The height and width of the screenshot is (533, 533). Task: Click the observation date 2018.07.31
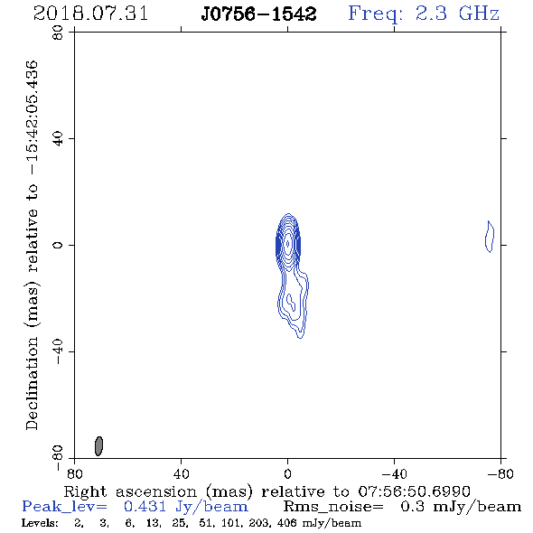90,14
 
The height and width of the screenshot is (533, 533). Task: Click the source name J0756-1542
258,14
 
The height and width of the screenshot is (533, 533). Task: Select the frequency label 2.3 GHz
457,14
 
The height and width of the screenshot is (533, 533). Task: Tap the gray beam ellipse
98,446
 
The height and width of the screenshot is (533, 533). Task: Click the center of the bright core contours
288,243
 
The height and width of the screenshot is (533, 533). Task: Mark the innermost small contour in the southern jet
291,303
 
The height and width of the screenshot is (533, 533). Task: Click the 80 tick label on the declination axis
58,33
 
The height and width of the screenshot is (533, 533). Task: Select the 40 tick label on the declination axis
58,139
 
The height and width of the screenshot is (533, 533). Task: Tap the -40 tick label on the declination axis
58,351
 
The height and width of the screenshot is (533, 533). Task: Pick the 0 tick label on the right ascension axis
287,473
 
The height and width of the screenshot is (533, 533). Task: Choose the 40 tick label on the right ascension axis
181,473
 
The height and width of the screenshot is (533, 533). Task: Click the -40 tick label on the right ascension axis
394,473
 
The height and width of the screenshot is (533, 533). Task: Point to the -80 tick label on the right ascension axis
500,473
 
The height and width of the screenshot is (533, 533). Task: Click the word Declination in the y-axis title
32,383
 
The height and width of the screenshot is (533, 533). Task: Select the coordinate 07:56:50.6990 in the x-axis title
414,491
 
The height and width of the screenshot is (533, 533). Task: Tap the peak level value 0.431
145,507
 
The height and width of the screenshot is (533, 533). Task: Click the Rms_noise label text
333,507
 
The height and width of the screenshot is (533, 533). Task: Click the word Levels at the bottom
40,523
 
